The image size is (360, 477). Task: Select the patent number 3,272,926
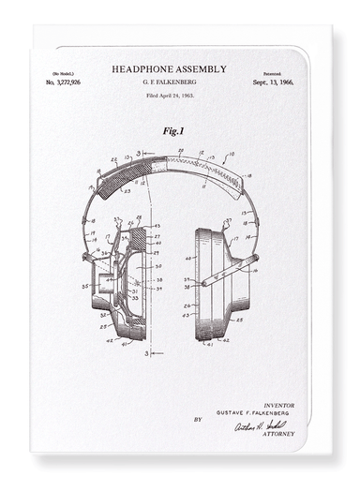64,82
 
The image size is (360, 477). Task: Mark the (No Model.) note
63,73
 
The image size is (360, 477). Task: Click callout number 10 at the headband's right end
232,151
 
